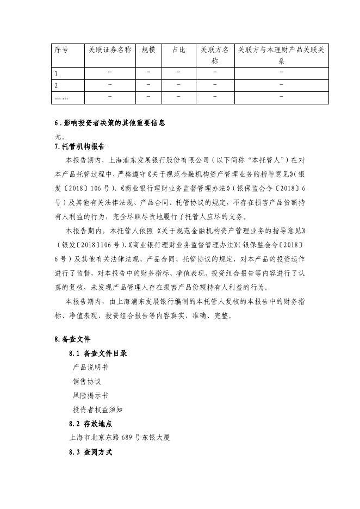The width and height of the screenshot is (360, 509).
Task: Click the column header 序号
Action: [x=61, y=50]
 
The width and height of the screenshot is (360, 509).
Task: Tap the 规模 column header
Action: [x=148, y=50]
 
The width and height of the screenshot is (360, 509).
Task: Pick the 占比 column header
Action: [x=178, y=50]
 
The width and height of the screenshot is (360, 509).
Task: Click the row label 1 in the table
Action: [x=56, y=73]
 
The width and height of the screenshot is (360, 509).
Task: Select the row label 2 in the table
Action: [x=56, y=85]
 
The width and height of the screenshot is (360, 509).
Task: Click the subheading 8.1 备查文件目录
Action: [x=98, y=353]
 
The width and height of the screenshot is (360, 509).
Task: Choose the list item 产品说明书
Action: [x=90, y=367]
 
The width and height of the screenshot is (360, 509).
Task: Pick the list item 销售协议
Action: [x=87, y=381]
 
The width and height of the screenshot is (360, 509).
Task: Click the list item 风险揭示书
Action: [x=90, y=395]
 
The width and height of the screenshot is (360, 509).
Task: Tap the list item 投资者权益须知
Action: [x=97, y=409]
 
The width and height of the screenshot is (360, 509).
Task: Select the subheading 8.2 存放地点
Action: [x=91, y=424]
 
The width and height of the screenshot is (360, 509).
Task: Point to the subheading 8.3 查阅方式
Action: [x=91, y=452]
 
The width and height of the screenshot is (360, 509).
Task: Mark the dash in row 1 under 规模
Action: [x=148, y=72]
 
